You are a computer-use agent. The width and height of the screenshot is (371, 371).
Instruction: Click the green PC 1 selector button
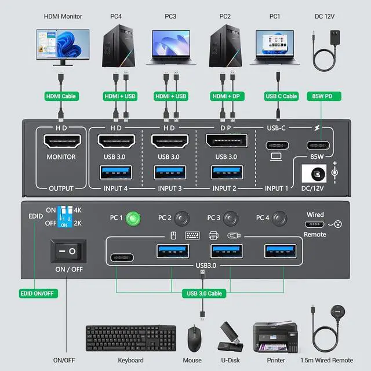coord(133,219)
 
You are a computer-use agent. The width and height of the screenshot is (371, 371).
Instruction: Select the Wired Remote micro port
coord(315,224)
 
